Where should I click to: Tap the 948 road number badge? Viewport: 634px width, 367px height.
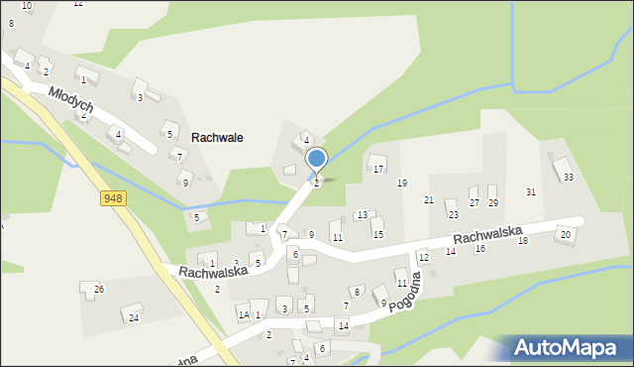(x=113, y=199)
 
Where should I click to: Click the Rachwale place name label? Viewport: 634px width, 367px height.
(x=218, y=138)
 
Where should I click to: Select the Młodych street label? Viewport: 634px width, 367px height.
(x=71, y=97)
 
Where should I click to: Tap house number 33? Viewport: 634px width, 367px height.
(x=568, y=178)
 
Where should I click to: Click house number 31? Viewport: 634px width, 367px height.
(x=531, y=191)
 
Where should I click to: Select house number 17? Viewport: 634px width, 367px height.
(x=378, y=170)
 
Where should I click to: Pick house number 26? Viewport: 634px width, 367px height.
(x=98, y=289)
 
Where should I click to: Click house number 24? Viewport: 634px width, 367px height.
(x=134, y=318)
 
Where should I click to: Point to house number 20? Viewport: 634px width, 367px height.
(x=565, y=235)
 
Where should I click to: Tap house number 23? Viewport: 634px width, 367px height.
(x=453, y=215)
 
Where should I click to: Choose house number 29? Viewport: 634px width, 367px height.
(x=492, y=203)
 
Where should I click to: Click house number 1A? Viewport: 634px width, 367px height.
(x=243, y=315)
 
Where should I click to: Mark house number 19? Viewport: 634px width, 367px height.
(x=402, y=183)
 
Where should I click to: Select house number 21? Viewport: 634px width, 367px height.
(x=429, y=200)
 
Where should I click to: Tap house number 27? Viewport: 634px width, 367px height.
(x=475, y=203)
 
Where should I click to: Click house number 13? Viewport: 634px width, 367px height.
(x=363, y=215)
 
